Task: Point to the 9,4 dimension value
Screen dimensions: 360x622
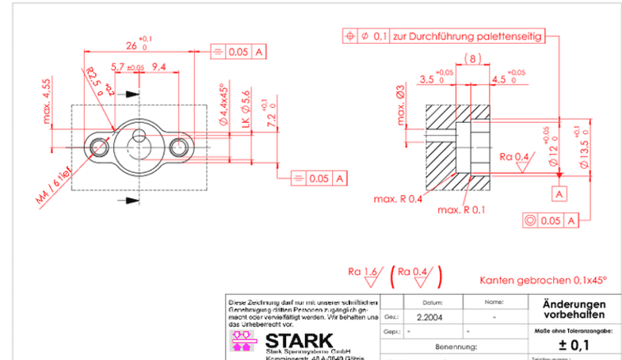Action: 158,67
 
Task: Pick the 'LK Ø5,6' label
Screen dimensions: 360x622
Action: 246,109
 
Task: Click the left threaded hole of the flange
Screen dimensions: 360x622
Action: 99,147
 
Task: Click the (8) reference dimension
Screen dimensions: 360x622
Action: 473,59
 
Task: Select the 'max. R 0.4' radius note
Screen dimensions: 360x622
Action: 398,198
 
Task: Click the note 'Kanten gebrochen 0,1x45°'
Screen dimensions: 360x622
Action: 543,280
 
